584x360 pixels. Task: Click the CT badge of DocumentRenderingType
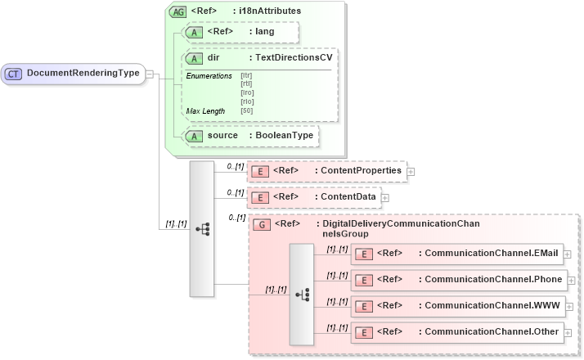click(x=14, y=74)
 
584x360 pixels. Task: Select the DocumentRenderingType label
click(x=83, y=74)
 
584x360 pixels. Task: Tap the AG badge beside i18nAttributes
click(x=177, y=12)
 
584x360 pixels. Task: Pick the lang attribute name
click(x=265, y=32)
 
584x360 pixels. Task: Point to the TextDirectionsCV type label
click(x=294, y=58)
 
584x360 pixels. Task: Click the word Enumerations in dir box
click(x=209, y=75)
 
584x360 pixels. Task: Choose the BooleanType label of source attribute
click(x=282, y=135)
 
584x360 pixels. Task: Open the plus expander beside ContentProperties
click(x=411, y=172)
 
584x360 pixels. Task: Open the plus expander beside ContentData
click(x=385, y=197)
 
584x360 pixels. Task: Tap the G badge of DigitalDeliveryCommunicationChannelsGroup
click(x=263, y=224)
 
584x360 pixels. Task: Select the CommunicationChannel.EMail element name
click(x=491, y=254)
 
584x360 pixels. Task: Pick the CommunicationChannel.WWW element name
click(x=489, y=306)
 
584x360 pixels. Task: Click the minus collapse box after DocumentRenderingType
click(x=151, y=74)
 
